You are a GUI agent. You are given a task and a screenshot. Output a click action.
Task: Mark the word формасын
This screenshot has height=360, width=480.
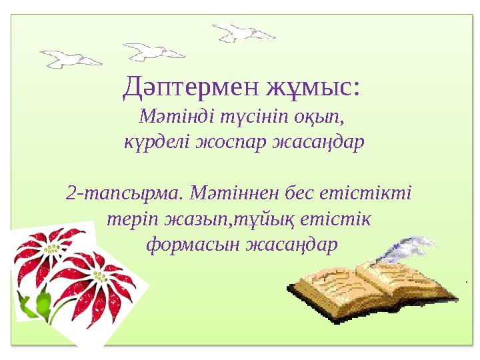192,245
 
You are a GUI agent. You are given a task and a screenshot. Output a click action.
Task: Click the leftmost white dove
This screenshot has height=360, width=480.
71,59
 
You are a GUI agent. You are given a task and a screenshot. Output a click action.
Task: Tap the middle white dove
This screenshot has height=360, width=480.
154,52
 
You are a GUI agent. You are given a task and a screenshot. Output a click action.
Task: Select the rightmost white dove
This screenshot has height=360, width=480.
244,33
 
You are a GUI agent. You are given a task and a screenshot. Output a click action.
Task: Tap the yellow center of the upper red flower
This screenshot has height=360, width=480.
53,249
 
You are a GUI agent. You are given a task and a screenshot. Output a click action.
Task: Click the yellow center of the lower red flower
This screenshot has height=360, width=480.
100,277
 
